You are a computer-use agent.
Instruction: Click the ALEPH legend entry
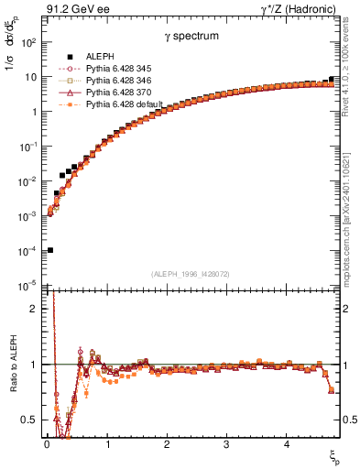click(101, 57)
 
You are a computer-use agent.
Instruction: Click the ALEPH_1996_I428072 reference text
click(190, 275)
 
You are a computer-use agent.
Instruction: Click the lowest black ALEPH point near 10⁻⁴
click(49, 250)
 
